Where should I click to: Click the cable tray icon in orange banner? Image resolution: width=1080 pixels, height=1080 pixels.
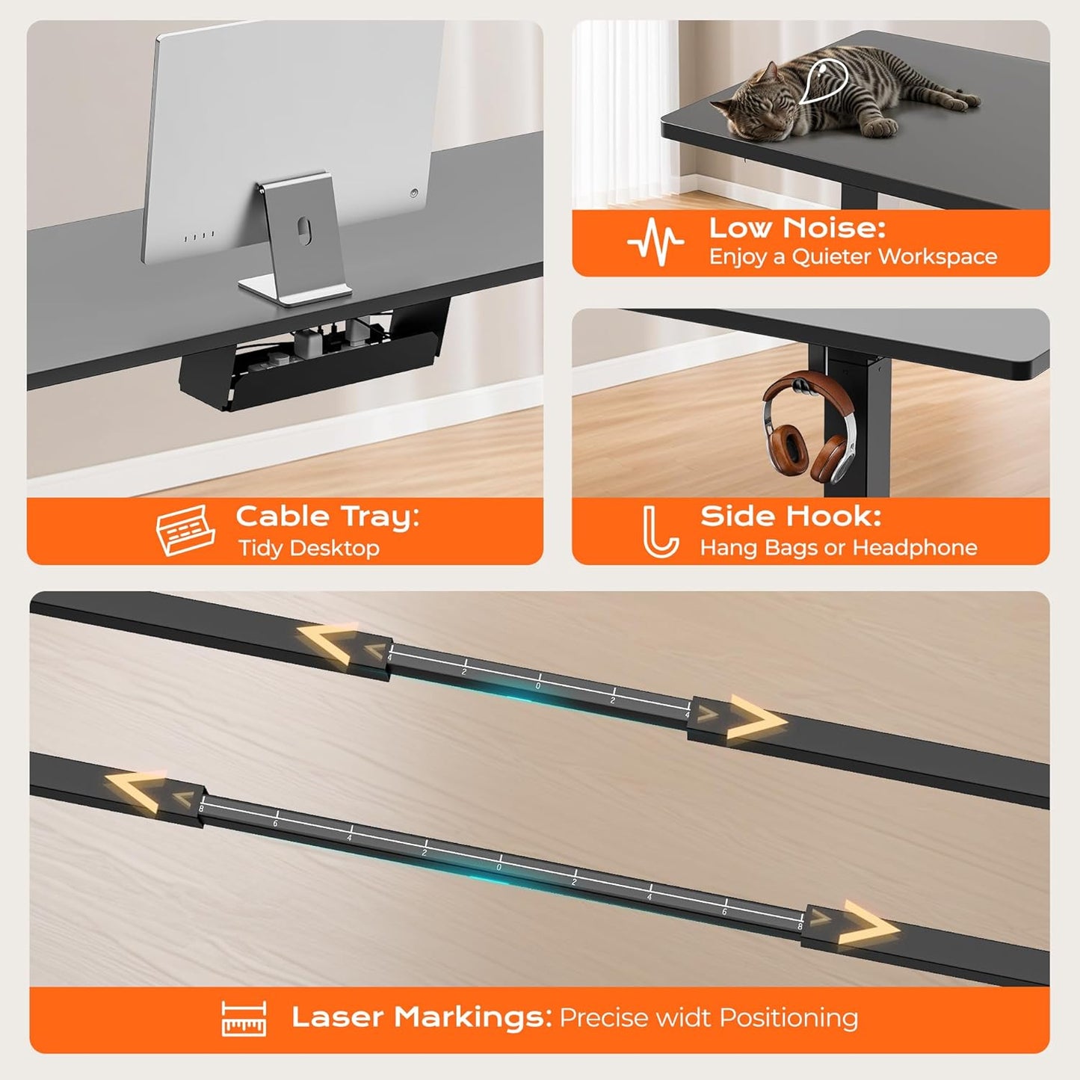185,530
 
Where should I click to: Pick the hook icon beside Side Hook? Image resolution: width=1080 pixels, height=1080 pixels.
660,531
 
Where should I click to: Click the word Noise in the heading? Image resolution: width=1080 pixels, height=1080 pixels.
833,227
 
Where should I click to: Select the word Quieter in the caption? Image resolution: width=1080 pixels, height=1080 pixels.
832,256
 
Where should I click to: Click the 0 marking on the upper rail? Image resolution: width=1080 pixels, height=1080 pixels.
538,685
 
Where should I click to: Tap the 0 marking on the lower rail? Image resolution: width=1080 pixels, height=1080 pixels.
499,867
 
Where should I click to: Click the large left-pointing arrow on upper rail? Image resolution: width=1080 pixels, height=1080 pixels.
328,643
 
